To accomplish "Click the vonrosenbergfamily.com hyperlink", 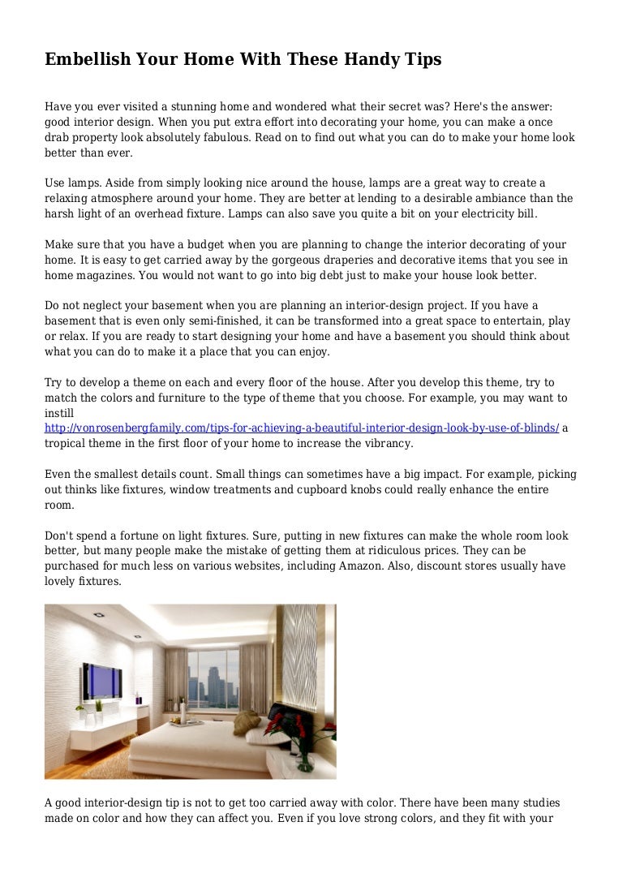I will [x=302, y=428].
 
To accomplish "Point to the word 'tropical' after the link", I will [x=66, y=443].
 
